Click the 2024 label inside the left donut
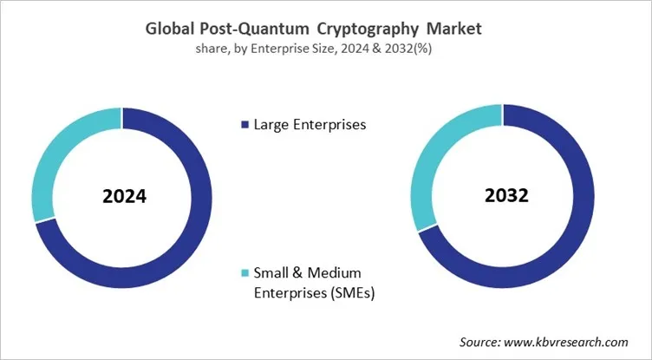(x=124, y=196)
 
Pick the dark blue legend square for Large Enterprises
(x=244, y=125)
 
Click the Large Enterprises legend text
(x=310, y=124)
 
